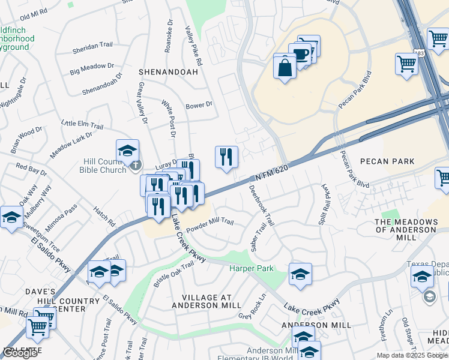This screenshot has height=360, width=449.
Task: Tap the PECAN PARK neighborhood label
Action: (387, 161)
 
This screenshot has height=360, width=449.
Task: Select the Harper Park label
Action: (251, 268)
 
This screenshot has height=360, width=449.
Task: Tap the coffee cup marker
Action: (300, 55)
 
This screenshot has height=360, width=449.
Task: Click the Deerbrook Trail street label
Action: (262, 205)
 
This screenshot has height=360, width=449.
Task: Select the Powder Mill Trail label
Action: (209, 225)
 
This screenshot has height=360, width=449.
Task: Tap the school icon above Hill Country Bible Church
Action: (127, 152)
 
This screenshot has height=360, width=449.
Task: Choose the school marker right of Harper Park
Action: (300, 275)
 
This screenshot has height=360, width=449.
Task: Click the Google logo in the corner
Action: (20, 353)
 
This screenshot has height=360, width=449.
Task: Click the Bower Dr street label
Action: (199, 104)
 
